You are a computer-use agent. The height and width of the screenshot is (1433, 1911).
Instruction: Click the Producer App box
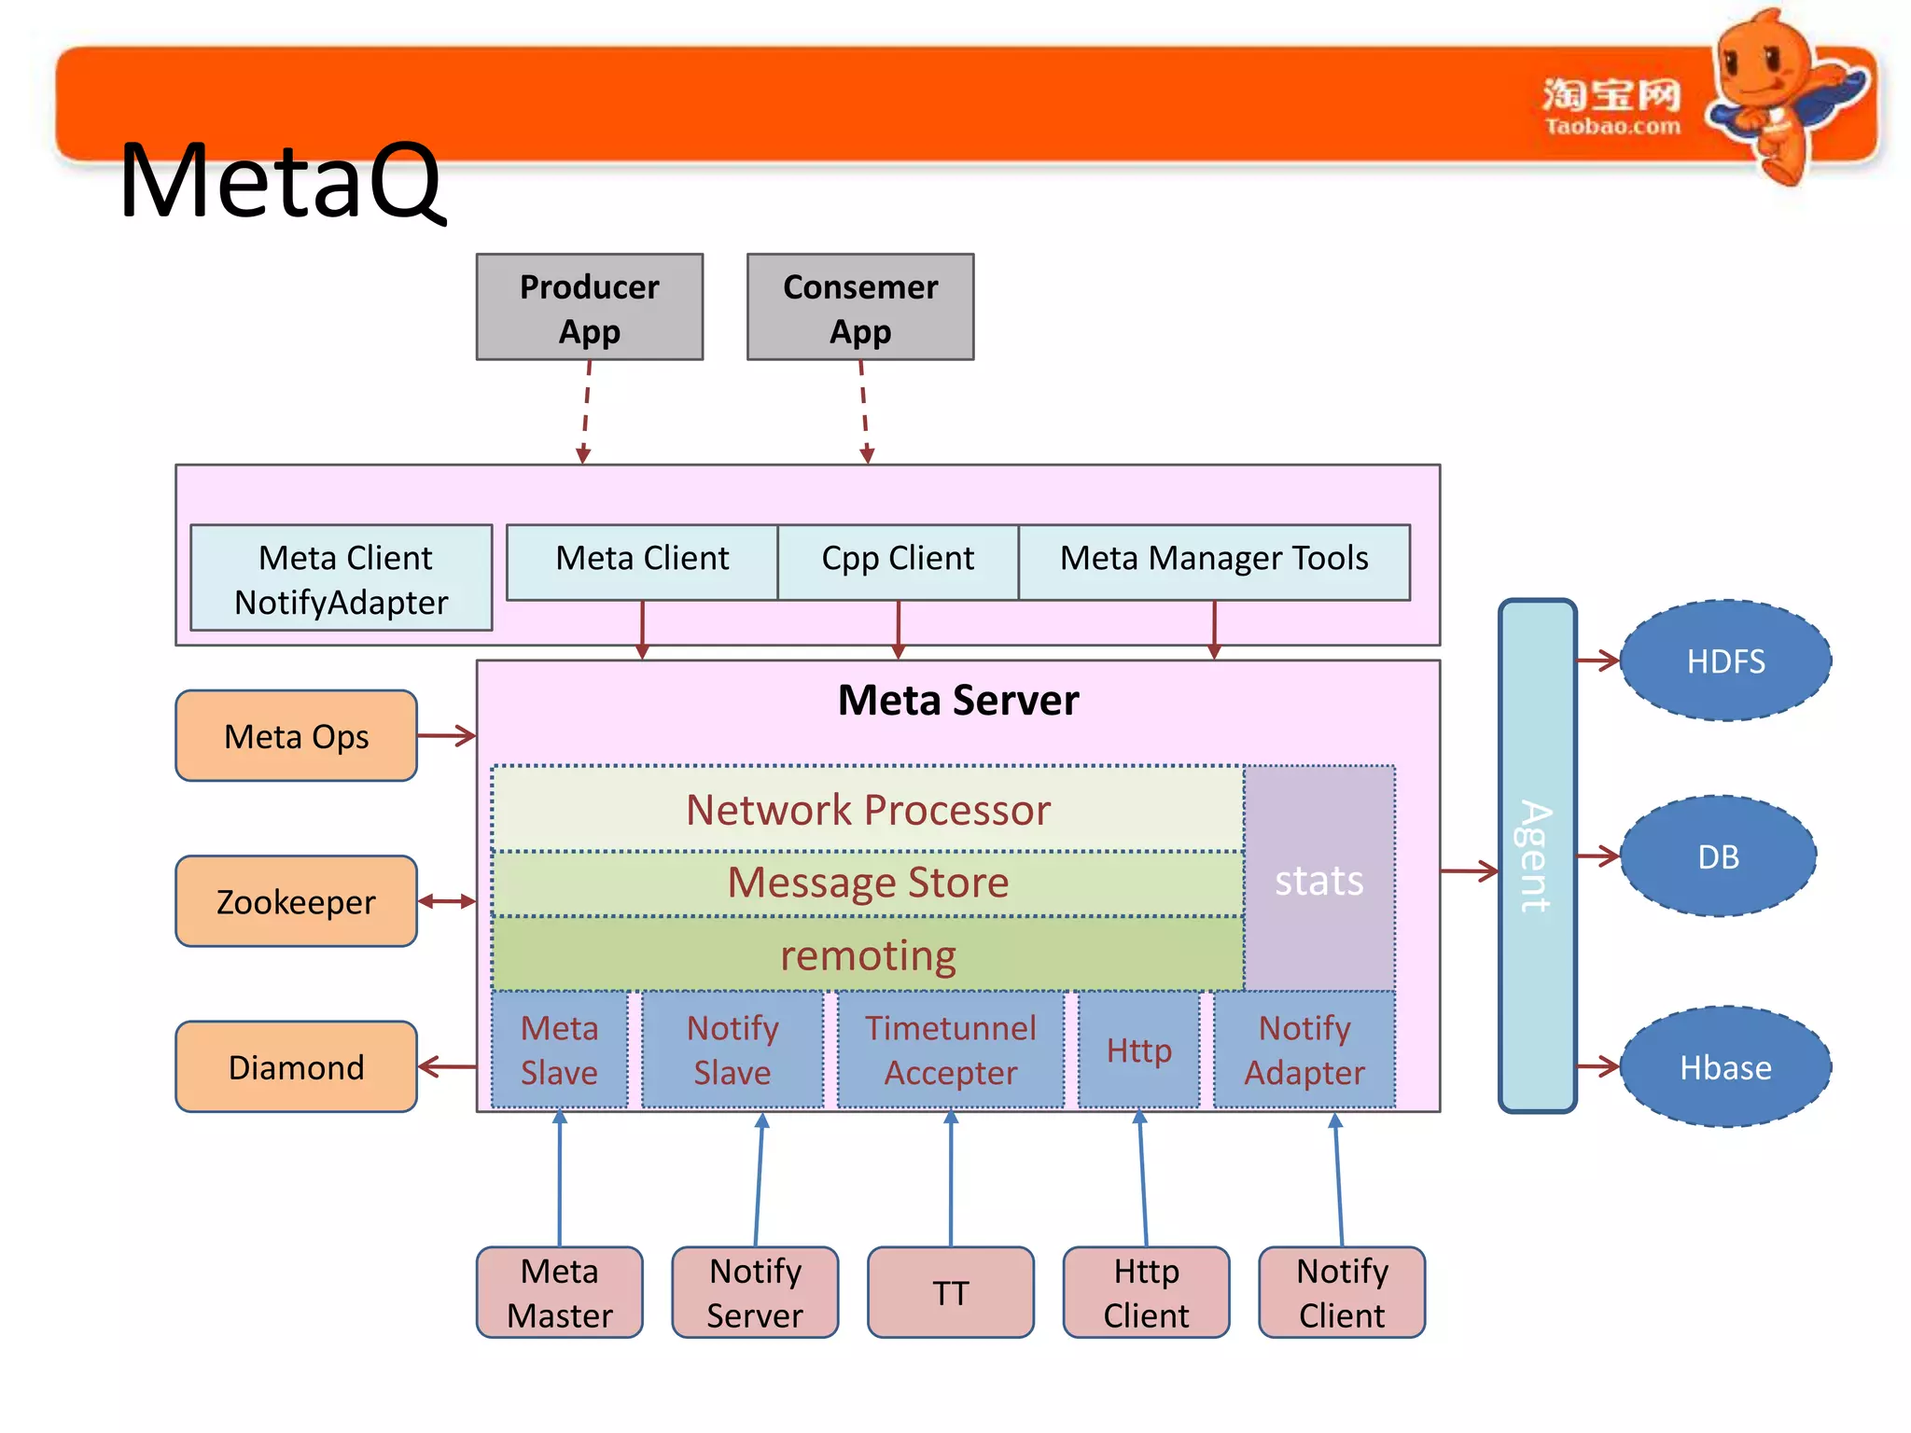coord(589,307)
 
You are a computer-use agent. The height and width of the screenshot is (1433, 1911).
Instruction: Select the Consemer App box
coord(859,307)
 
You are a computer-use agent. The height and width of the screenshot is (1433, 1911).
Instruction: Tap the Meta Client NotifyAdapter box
coord(341,578)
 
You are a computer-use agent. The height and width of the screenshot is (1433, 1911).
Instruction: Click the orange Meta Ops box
coord(296,736)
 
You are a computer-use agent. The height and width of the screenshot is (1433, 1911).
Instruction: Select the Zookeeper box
coord(296,901)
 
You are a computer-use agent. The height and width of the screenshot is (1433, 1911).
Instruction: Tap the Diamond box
coord(296,1066)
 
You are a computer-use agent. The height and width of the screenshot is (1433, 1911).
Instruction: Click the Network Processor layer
coord(868,809)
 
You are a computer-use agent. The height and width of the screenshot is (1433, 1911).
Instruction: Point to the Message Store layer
coord(868,883)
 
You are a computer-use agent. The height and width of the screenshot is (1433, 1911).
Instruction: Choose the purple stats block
coord(1318,879)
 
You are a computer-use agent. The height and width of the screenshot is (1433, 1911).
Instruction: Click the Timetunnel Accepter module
coord(950,1050)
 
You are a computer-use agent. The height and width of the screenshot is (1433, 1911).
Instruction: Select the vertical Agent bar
coord(1537,856)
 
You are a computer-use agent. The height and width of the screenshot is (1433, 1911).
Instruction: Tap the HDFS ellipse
coord(1725,661)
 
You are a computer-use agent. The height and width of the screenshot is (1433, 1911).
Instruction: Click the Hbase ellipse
coord(1725,1066)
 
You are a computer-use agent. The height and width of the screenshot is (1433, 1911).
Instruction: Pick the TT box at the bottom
coord(950,1293)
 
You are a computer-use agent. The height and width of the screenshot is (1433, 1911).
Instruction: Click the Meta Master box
coord(559,1293)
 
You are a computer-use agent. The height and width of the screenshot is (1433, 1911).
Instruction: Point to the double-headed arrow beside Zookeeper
coord(447,901)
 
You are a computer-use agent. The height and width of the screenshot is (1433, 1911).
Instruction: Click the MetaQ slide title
coord(280,181)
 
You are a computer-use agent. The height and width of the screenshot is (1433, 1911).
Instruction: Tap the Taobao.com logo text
coord(1611,126)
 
